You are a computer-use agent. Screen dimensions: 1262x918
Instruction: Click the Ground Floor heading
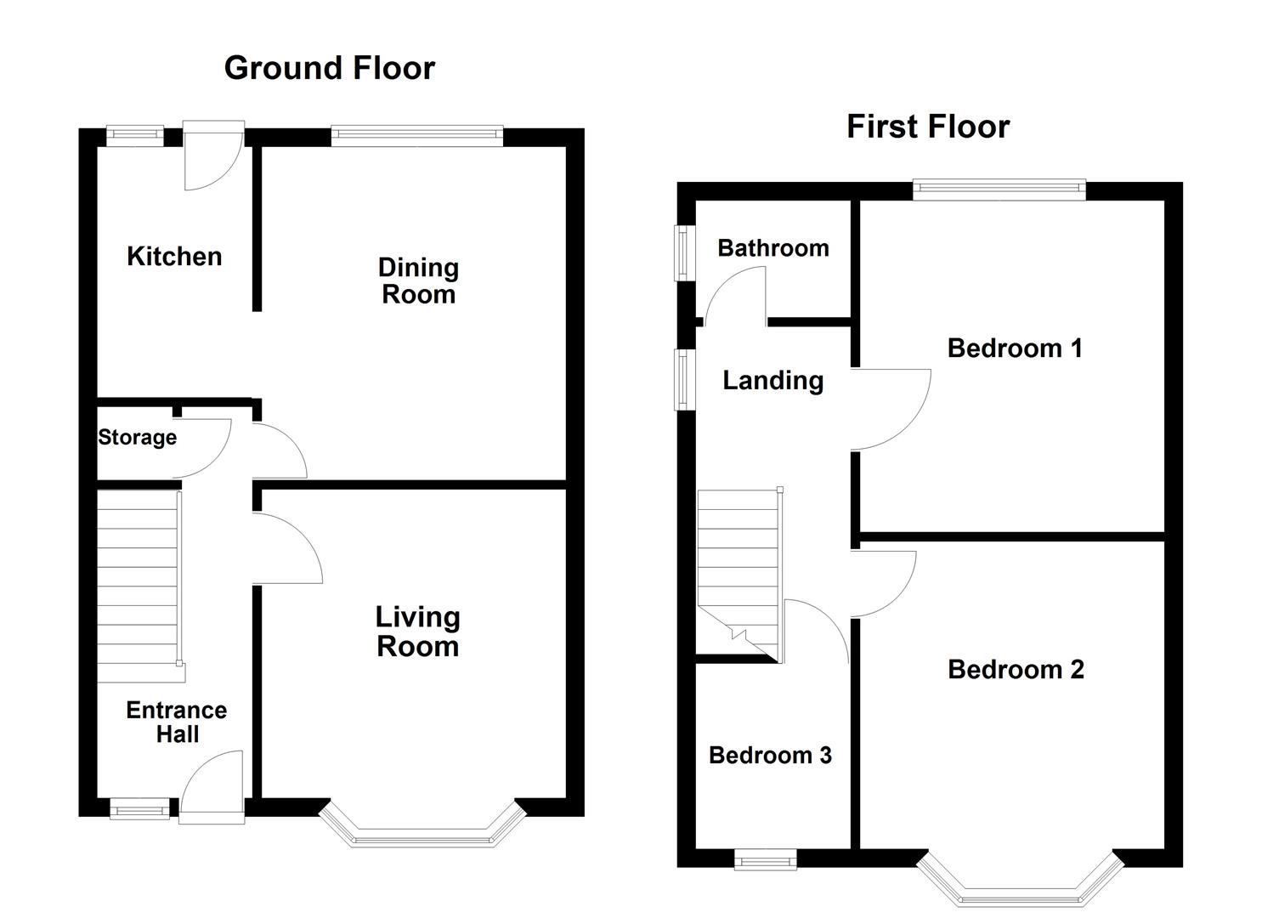pos(330,68)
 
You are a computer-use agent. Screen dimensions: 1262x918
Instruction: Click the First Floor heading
pos(928,127)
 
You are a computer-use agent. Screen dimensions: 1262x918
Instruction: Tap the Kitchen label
pos(175,257)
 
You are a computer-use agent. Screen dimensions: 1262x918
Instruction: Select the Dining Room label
pos(418,280)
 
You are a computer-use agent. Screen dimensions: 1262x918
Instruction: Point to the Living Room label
pos(417,632)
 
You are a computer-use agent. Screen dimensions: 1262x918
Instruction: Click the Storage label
pos(138,437)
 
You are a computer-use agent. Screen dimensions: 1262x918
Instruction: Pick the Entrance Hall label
pos(177,722)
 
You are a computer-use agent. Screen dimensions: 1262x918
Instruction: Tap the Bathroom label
pos(773,248)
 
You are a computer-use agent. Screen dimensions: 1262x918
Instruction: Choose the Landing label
pos(773,381)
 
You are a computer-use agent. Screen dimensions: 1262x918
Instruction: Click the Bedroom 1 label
pos(1015,348)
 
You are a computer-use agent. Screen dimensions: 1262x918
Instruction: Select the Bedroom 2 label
pos(1016,670)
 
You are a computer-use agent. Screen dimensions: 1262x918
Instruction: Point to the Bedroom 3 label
pos(770,755)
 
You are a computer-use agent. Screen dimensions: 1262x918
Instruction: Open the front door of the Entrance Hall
pos(212,787)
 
